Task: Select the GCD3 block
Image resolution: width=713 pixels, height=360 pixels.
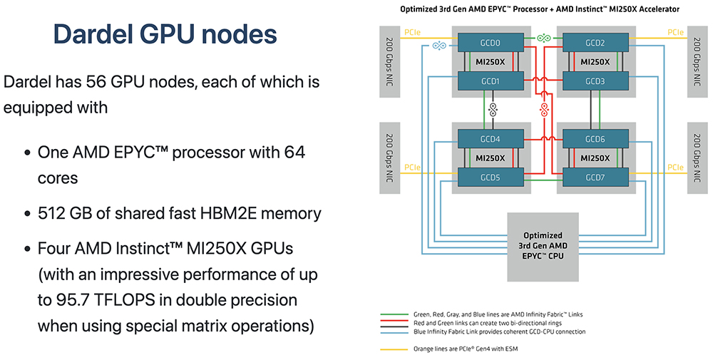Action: [x=595, y=81]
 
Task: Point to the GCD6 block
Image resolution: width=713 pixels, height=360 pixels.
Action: [x=595, y=139]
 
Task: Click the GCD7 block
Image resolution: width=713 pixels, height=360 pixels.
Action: [x=595, y=178]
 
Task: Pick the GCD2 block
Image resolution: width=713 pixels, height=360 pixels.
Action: [x=595, y=43]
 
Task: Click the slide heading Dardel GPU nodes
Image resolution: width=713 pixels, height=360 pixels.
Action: [x=165, y=34]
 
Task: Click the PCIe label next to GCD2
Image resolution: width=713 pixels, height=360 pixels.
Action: [x=677, y=32]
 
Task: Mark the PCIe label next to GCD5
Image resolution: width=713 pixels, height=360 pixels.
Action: [x=413, y=168]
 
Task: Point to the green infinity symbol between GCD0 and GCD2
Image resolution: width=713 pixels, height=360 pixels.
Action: [x=543, y=38]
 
